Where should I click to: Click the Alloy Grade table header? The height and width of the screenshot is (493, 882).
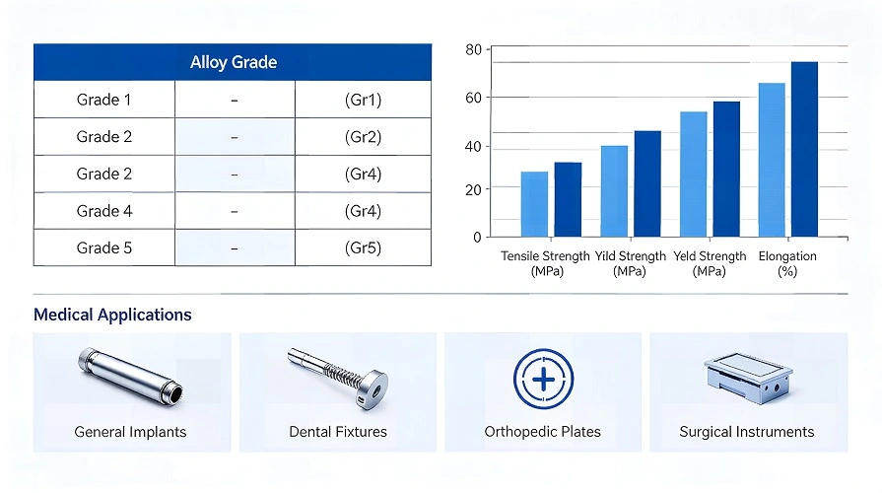233,62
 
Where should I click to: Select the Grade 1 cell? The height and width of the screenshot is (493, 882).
103,100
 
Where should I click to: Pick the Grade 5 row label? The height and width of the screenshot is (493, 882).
103,247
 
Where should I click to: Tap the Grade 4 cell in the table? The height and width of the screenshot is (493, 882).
103,211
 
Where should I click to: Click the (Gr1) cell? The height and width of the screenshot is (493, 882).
363,100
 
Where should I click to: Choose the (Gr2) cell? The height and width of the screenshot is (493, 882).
363,137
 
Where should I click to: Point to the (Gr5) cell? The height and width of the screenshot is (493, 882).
363,247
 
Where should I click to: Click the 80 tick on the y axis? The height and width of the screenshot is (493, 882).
473,50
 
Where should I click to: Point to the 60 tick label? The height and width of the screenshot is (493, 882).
473,98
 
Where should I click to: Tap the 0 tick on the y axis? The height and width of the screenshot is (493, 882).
477,238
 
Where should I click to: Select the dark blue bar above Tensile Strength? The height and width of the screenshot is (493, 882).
568,199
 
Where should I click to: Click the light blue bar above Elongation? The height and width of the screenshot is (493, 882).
772,160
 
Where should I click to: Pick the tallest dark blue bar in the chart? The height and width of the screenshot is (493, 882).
804,149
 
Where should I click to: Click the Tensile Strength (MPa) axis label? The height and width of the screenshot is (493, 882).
545,263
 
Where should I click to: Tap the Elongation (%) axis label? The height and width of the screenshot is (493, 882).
787,263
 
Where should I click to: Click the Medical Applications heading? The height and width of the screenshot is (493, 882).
112,316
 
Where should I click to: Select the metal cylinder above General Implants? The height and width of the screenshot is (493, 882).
131,378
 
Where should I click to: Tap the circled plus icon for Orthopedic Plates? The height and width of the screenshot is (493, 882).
542,379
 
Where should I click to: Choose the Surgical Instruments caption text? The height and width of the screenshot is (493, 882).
747,432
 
